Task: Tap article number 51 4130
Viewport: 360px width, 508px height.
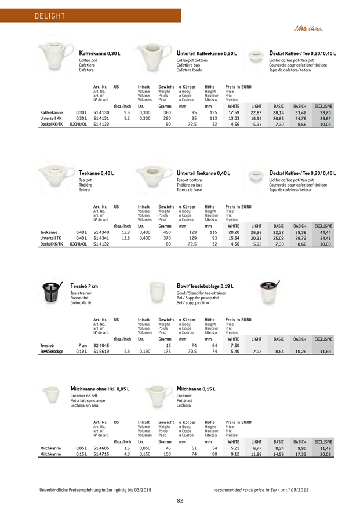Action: point(101,112)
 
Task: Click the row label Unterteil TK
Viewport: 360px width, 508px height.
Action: point(51,237)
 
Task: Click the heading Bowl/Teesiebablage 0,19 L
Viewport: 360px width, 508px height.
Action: point(205,286)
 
